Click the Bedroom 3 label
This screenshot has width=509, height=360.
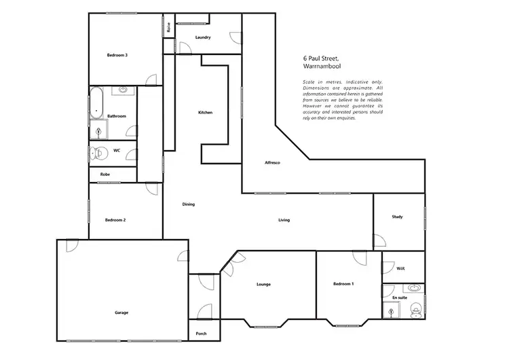click(x=117, y=54)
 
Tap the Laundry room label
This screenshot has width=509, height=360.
click(x=202, y=37)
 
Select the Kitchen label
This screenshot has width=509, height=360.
click(x=206, y=112)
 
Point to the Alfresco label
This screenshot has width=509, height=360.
click(x=273, y=164)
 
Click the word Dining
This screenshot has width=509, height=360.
click(x=189, y=204)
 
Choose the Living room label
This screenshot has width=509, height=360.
click(x=284, y=220)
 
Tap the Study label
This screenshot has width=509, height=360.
click(x=397, y=217)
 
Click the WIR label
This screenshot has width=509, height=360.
click(x=400, y=268)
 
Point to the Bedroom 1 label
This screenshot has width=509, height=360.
click(x=343, y=284)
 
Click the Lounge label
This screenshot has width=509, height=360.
click(x=263, y=284)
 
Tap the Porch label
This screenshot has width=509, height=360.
click(x=201, y=334)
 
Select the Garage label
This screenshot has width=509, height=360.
click(x=121, y=312)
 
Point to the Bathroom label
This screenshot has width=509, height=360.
click(x=116, y=116)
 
